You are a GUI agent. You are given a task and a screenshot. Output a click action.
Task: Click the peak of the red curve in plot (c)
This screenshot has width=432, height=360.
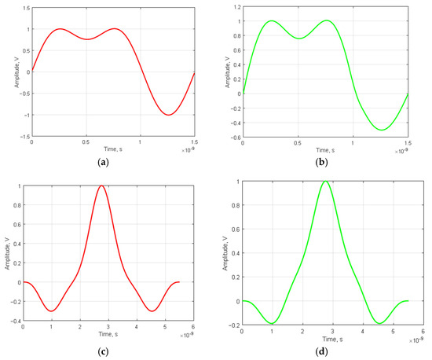tap(101, 186)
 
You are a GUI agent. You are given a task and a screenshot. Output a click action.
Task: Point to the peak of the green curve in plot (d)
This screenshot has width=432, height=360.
tap(325, 181)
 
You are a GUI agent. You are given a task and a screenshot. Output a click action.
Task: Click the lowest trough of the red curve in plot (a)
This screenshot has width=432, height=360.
tap(168, 115)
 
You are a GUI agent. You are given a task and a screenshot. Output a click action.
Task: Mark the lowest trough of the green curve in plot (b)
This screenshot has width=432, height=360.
tap(382, 130)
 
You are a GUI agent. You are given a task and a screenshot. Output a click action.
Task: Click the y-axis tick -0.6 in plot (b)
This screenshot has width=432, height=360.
tap(234, 136)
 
